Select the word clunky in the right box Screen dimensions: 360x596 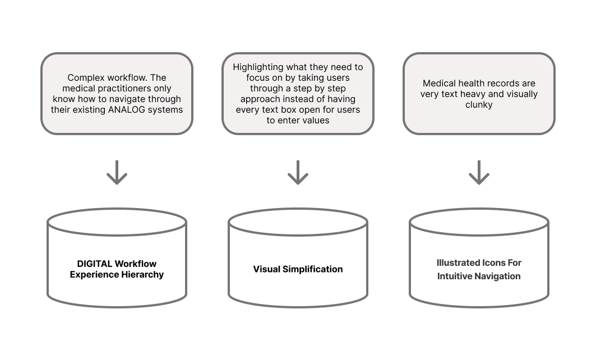click(x=479, y=104)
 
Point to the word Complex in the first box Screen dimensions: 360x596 click(x=85, y=78)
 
